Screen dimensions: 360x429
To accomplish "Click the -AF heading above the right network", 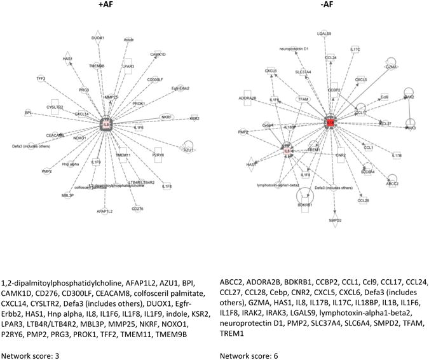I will [323, 6].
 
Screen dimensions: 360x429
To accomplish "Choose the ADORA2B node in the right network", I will [247, 98].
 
